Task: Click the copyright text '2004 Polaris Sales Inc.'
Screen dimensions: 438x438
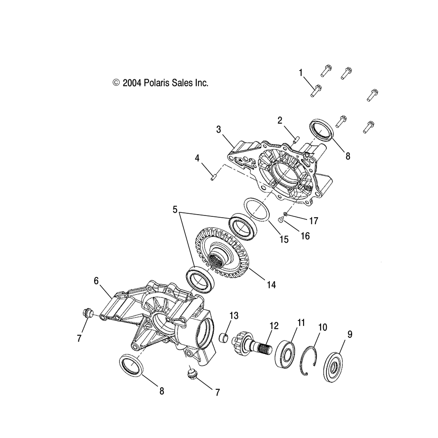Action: point(160,83)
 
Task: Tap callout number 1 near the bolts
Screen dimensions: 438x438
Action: point(301,72)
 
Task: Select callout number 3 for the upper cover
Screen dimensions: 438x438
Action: point(219,129)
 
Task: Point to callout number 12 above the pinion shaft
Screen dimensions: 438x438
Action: point(274,326)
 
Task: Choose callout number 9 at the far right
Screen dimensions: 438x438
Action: point(349,334)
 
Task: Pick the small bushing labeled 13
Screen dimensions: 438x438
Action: point(225,339)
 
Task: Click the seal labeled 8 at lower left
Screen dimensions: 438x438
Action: point(131,365)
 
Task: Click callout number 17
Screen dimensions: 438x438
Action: point(314,220)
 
